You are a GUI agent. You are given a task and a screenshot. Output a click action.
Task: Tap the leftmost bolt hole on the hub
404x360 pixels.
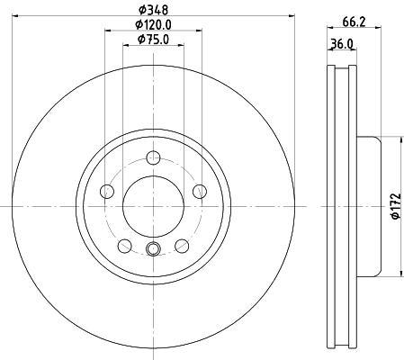(108, 191)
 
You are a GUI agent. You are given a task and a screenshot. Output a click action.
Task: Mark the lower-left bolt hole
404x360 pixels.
(124, 244)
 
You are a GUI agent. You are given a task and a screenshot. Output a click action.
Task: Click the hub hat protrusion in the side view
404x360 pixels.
(369, 206)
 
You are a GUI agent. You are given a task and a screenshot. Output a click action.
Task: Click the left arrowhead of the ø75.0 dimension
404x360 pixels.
(124, 44)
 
